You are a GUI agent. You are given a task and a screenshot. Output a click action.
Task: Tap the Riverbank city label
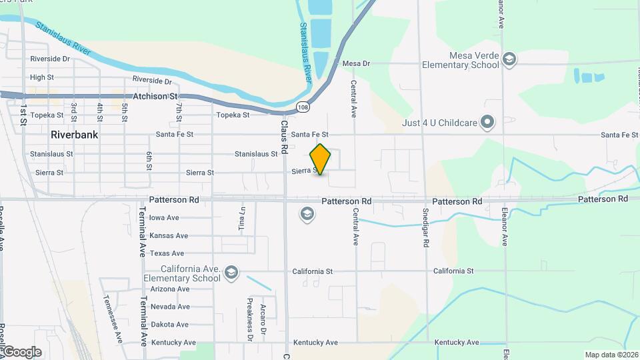(75, 135)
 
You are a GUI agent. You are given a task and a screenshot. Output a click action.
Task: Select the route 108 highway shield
(303, 107)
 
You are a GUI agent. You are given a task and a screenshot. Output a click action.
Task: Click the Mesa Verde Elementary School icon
(510, 60)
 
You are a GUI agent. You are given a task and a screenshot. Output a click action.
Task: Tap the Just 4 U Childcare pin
(488, 122)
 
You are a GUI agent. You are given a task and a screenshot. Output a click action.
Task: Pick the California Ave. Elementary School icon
(231, 273)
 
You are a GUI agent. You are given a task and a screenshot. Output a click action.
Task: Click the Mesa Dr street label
(355, 63)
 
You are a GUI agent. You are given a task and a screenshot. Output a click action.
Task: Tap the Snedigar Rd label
(425, 227)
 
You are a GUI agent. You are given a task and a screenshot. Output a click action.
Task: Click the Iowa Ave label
(164, 217)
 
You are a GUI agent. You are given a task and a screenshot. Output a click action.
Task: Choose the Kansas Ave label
(169, 235)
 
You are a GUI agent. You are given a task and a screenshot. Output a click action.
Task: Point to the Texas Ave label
(167, 253)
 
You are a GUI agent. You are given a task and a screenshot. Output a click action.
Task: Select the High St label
(42, 77)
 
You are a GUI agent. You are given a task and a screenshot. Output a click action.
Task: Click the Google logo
(21, 351)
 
